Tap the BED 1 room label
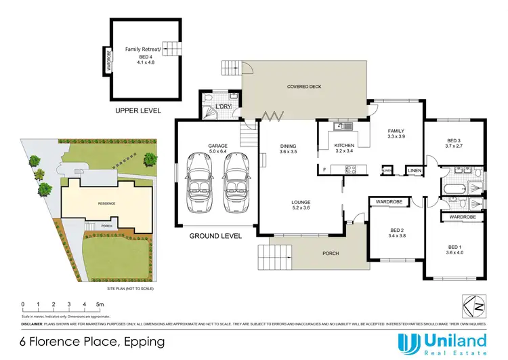click(453, 250)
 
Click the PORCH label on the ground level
click(331, 254)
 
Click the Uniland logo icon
click(408, 343)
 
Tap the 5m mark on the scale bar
click(99, 304)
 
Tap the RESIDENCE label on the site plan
click(105, 203)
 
